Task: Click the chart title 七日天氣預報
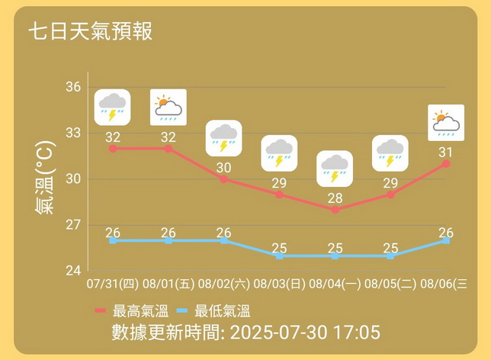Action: click(90, 31)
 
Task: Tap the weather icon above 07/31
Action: click(112, 107)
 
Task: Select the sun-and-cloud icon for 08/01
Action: click(168, 107)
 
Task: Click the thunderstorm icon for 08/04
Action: click(335, 169)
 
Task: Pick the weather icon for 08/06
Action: click(445, 122)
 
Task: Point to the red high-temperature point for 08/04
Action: click(335, 210)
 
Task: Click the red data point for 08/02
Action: click(223, 179)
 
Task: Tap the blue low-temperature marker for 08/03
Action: click(279, 256)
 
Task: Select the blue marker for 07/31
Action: click(113, 240)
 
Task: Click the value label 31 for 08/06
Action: click(445, 153)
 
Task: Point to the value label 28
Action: click(335, 198)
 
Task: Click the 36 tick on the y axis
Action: click(73, 87)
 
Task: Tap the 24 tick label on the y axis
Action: click(73, 271)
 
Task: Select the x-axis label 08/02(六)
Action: click(223, 285)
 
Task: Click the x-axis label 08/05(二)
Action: click(390, 285)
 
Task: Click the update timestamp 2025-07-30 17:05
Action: click(304, 333)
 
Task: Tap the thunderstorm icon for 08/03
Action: click(279, 153)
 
